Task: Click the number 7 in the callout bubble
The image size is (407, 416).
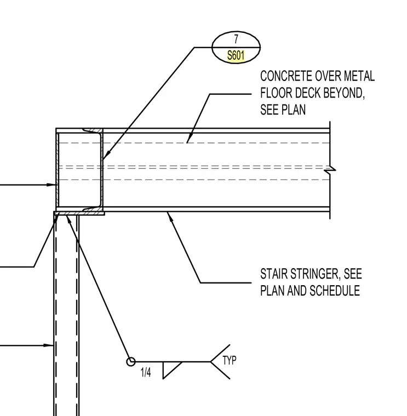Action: pos(236,39)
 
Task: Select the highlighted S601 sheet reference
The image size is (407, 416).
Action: pos(236,56)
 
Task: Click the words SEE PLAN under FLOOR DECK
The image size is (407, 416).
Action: pos(283,109)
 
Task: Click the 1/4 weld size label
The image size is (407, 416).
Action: pos(146,373)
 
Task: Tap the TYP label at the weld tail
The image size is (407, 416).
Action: pos(230,361)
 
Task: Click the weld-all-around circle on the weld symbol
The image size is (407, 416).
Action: pos(130,362)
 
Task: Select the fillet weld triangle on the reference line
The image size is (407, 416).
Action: pos(171,370)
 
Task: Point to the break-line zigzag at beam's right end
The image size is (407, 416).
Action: pos(330,169)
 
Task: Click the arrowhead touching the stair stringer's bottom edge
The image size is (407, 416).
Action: pos(170,217)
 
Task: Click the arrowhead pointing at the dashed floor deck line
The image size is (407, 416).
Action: pos(189,138)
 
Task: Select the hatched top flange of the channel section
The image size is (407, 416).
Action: pos(93,130)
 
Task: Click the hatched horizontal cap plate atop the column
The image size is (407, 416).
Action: pos(79,213)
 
